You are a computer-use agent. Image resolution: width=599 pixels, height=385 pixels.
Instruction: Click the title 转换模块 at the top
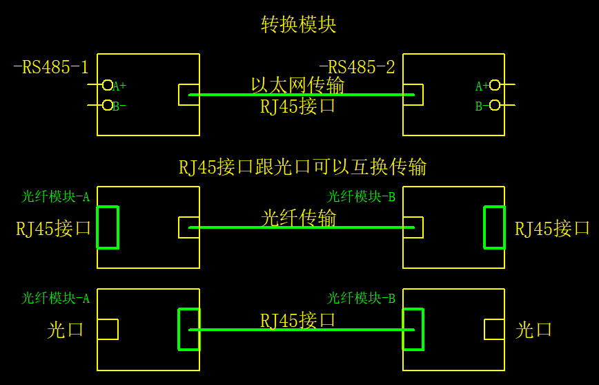point(298,25)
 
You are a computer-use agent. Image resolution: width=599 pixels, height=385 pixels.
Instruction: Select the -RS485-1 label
point(51,68)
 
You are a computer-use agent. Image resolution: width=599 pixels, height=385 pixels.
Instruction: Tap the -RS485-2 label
point(357,68)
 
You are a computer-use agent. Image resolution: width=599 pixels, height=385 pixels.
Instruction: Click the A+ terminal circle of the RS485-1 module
point(108,85)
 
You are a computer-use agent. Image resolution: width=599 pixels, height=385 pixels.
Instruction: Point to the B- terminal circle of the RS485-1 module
point(108,105)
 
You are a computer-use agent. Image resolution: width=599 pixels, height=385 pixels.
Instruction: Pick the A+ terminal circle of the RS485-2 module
point(494,85)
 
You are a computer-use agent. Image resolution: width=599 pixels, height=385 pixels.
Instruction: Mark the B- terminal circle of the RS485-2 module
point(494,105)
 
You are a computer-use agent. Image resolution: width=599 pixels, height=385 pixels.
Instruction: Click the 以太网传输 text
point(297,85)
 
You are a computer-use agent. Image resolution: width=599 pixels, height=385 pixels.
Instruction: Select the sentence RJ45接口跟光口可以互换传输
point(302,167)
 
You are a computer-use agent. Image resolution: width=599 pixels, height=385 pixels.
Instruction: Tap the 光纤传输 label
point(298,218)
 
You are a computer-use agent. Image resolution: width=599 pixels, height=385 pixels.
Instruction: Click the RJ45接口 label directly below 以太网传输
point(298,106)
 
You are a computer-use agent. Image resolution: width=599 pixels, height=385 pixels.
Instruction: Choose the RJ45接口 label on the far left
point(54,228)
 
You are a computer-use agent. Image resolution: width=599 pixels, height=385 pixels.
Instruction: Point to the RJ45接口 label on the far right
point(552,228)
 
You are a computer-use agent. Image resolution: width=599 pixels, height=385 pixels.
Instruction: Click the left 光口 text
point(66,330)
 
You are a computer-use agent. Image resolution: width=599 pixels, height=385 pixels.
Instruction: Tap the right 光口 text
point(534,330)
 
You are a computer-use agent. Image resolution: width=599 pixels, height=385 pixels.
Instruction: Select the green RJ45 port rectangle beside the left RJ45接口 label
point(108,227)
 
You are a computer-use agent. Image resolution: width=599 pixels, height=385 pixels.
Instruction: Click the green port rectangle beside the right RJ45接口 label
point(495,227)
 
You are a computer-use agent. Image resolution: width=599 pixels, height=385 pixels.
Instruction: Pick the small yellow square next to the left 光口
point(108,330)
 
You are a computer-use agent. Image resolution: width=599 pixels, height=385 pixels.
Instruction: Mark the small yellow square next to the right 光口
point(494,330)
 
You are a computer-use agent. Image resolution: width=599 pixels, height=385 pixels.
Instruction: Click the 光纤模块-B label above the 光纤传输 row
point(360,197)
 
